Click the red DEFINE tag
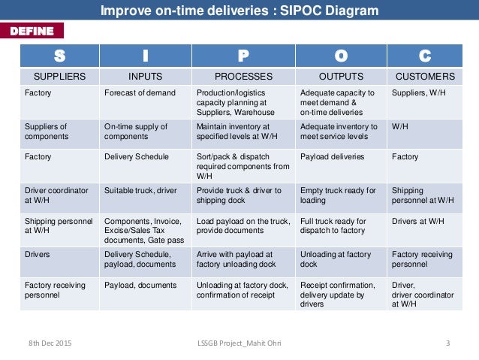pos(32,31)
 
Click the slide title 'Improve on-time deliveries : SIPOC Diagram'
pos(239,11)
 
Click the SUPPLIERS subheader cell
pos(60,77)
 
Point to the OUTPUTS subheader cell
pos(341,77)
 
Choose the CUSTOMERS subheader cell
pos(425,77)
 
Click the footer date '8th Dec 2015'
pos(51,343)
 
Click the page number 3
pos(447,343)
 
